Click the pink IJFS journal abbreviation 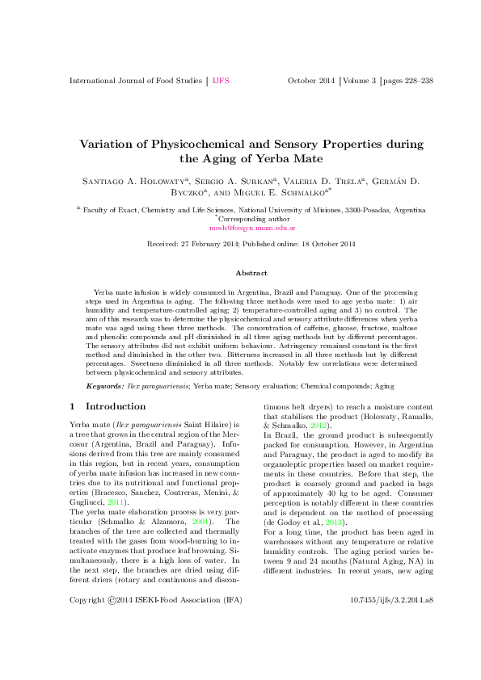tap(220, 81)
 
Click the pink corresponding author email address tap(241, 229)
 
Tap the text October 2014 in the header tap(310, 81)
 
